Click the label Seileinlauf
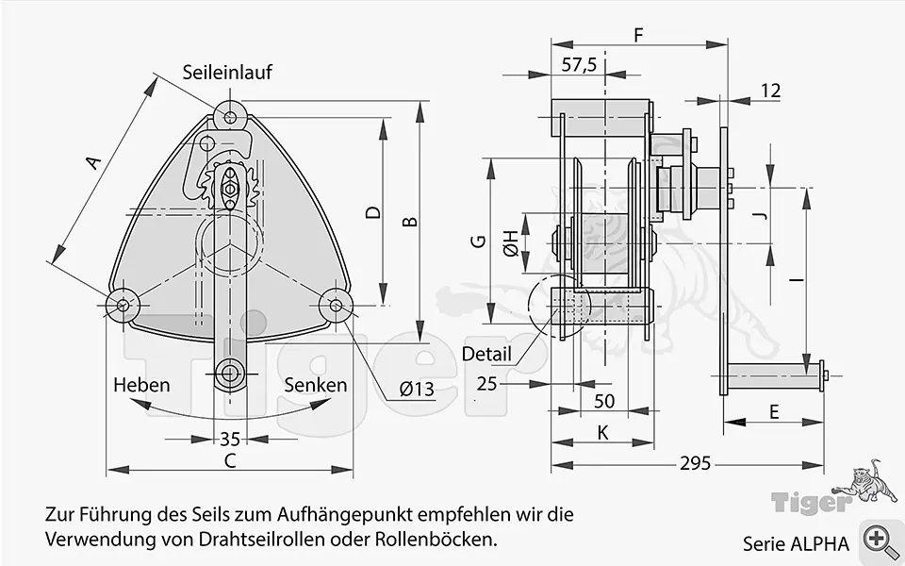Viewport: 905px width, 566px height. click(x=227, y=72)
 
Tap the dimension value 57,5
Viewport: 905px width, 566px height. click(x=579, y=65)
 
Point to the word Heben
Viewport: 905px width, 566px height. click(x=141, y=385)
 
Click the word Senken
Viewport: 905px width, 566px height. click(x=315, y=385)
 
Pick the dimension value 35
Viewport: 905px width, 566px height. click(x=229, y=439)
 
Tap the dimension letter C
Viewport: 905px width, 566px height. click(x=229, y=460)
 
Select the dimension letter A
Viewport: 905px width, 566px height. click(x=91, y=163)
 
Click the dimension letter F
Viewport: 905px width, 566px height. click(x=638, y=36)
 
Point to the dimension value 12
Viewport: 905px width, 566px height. click(x=770, y=91)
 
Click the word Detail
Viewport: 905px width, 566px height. click(x=486, y=355)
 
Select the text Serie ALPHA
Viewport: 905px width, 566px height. click(x=796, y=543)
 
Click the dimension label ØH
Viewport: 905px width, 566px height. click(x=510, y=243)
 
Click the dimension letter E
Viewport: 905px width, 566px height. click(x=774, y=411)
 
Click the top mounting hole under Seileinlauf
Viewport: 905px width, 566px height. click(x=231, y=117)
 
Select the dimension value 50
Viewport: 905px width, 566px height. click(x=604, y=401)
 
